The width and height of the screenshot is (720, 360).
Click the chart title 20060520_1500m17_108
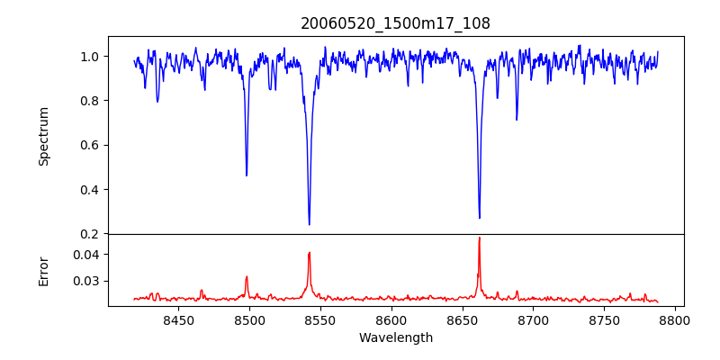coord(395,23)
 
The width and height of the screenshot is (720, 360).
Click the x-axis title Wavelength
coord(395,337)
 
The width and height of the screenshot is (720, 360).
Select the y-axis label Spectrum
coord(44,136)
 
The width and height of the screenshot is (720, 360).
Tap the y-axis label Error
coord(44,270)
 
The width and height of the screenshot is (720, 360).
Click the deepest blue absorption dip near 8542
coord(309,224)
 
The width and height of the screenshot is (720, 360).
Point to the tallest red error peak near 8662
coord(479,238)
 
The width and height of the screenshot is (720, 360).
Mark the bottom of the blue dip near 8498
coord(247,175)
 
